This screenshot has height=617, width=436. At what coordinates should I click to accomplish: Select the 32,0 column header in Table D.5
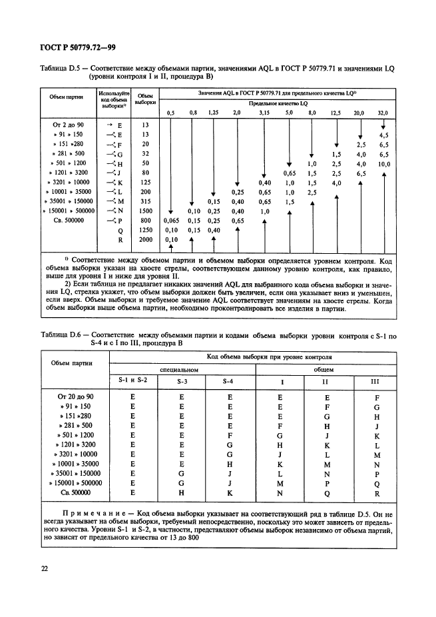click(382, 113)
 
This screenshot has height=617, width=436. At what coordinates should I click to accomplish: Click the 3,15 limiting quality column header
click(264, 113)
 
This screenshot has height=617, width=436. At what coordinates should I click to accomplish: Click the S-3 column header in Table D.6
click(182, 381)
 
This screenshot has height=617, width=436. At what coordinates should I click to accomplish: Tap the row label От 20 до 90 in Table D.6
click(77, 396)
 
